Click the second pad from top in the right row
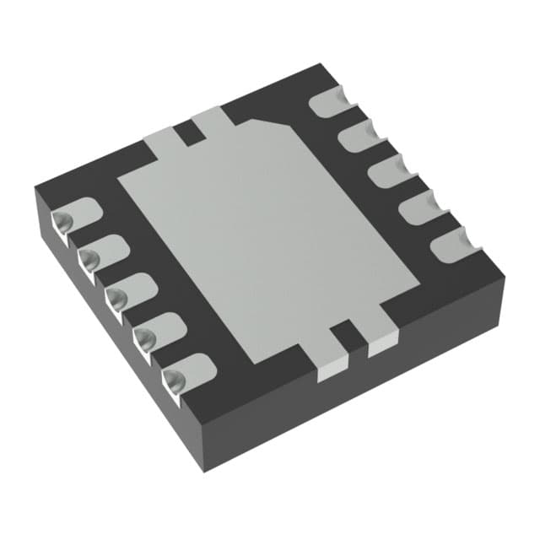[x=359, y=134]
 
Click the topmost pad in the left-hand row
[x=76, y=216]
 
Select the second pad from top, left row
[x=102, y=252]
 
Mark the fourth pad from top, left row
[x=159, y=328]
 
